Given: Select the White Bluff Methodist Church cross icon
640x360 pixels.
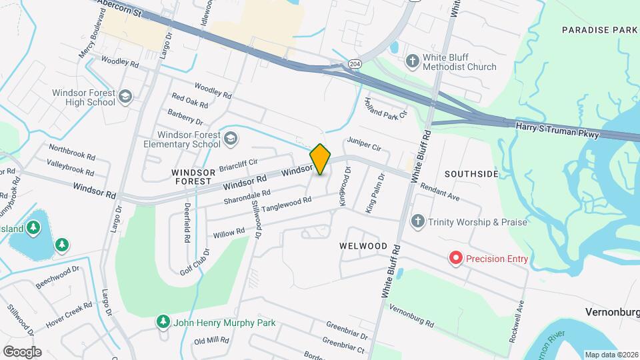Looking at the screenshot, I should (413, 61).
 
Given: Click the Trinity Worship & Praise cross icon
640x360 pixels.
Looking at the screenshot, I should (418, 221).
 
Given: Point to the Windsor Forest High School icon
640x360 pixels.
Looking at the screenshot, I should (125, 98).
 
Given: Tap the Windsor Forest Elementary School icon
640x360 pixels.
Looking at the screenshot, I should (231, 139).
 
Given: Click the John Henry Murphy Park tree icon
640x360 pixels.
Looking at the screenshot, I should (163, 323).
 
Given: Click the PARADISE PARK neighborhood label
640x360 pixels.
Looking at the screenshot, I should (599, 30).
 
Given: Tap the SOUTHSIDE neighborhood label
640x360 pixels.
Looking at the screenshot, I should (471, 174).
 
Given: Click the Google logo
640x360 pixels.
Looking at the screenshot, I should (22, 351).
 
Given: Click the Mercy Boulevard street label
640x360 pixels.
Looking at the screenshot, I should (93, 42).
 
